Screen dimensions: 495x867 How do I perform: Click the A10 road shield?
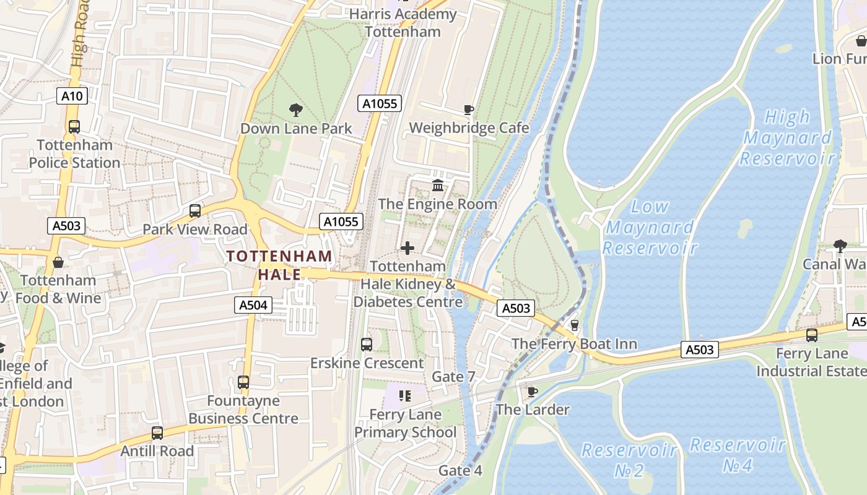72,96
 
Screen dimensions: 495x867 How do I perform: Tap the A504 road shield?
253,304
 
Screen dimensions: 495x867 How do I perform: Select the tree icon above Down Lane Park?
296,110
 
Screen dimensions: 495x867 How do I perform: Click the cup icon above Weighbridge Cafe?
469,110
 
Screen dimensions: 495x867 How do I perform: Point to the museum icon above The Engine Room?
438,185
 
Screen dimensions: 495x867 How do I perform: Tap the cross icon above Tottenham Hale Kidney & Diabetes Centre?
407,248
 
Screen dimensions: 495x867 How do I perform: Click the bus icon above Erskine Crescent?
367,345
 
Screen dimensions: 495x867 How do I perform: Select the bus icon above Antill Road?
157,433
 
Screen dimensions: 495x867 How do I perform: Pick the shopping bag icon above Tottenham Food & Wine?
58,262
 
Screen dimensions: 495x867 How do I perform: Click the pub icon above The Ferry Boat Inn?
574,325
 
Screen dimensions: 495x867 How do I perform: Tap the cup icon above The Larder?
531,392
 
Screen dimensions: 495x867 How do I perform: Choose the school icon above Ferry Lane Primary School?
405,395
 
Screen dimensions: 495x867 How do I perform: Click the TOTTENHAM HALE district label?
279,265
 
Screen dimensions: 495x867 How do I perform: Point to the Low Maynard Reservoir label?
650,227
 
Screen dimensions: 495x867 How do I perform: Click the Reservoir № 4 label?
738,455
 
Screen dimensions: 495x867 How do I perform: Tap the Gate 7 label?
453,376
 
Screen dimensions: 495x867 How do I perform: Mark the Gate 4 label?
460,470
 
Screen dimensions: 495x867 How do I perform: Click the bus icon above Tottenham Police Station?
74,127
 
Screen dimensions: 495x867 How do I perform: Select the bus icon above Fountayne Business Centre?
243,382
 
